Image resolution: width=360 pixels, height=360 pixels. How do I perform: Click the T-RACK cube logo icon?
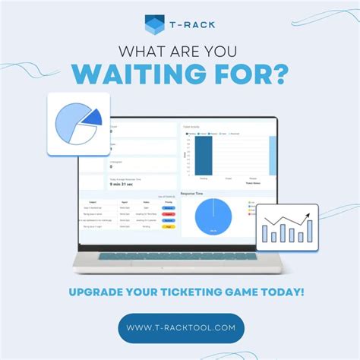click(155, 26)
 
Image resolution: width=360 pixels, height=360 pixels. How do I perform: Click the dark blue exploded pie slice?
click(92, 117)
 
